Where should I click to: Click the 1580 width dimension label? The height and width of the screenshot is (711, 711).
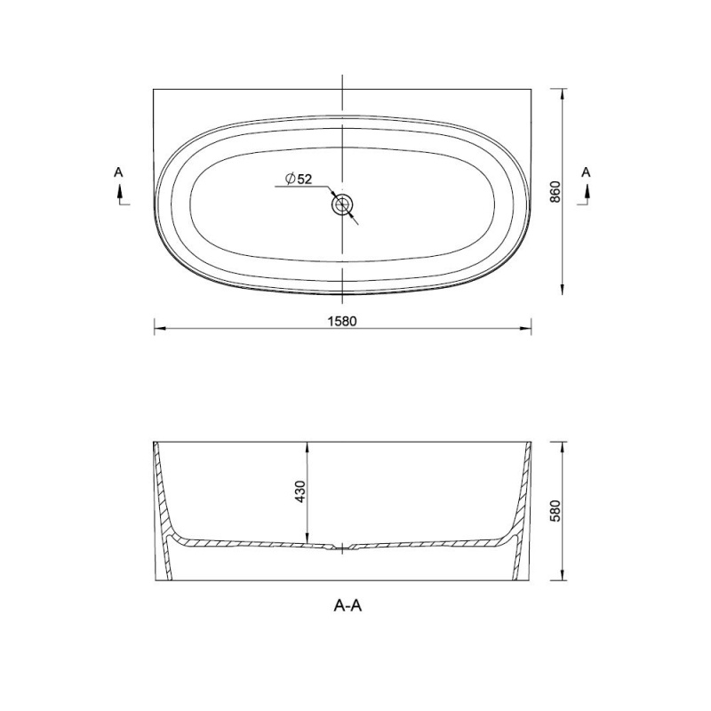coord(342,321)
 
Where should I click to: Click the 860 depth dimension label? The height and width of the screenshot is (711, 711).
coord(555,192)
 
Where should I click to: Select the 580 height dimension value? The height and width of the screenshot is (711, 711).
coord(555,511)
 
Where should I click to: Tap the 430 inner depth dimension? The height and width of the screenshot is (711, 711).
coord(300,491)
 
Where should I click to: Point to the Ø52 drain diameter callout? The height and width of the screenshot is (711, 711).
coord(299,179)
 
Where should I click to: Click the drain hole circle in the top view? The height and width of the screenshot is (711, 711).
coord(342,205)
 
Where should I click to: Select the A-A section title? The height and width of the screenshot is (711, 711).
coord(348,605)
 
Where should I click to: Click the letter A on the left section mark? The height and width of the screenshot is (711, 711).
coord(118,172)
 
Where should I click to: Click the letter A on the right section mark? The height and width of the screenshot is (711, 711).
coord(586,172)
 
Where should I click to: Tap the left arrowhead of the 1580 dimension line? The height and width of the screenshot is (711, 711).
coord(159,328)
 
